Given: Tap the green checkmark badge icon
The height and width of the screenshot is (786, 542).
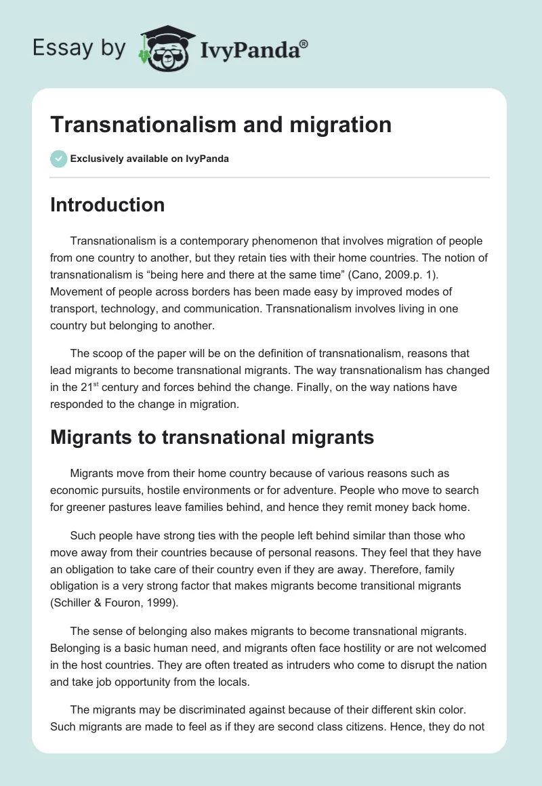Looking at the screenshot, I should (x=58, y=159).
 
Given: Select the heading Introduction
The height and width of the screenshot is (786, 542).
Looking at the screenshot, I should (x=107, y=205).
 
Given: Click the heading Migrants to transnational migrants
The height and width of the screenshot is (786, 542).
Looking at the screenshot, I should (x=212, y=437).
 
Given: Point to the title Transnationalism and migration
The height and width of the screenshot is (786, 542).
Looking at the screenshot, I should (x=221, y=125).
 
